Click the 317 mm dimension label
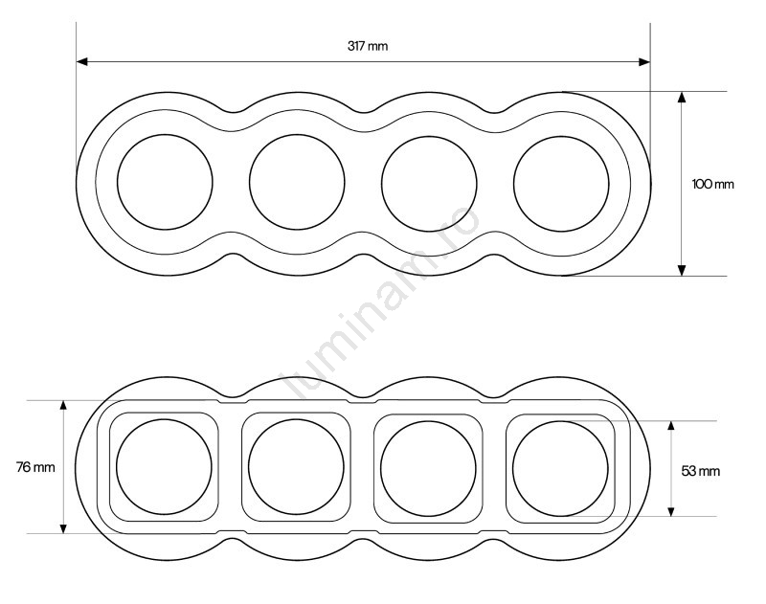pos(368,46)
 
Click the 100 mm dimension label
pos(712,184)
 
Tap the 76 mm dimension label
pos(35,467)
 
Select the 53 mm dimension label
pos(701,471)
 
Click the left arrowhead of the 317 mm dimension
pos(82,61)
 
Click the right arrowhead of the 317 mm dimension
pos(644,61)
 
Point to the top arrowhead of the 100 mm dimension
pos(682,98)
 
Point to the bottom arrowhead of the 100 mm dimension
pos(682,270)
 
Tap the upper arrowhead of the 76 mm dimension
pos(63,406)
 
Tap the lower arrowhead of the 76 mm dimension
pos(63,527)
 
